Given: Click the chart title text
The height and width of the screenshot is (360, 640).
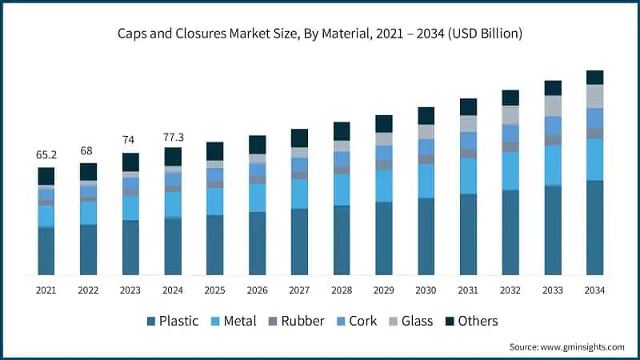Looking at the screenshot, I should (320, 34).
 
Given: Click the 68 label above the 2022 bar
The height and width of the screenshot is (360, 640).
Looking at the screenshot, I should (88, 151).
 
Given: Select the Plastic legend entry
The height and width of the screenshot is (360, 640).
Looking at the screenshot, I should (172, 321).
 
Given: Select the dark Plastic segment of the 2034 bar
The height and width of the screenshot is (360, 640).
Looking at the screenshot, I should (594, 228).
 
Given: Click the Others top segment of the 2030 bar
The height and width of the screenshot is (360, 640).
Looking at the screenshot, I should (426, 115).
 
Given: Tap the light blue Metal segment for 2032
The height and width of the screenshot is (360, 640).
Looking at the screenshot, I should (510, 170).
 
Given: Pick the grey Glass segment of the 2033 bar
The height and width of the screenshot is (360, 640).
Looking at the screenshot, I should (553, 106).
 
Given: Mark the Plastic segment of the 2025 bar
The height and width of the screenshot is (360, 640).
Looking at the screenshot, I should (215, 245).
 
